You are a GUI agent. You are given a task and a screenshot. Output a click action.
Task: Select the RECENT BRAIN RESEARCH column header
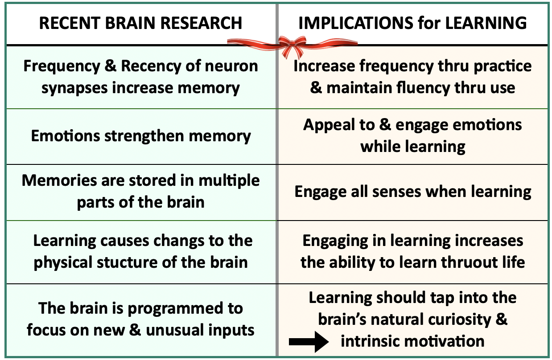pyautogui.click(x=140, y=23)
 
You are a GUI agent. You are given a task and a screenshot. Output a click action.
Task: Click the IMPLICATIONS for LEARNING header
pyautogui.click(x=412, y=23)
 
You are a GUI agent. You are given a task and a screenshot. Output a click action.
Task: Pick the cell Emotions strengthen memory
pyautogui.click(x=141, y=136)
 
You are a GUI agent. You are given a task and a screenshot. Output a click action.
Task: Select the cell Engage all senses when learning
pyautogui.click(x=413, y=192)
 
